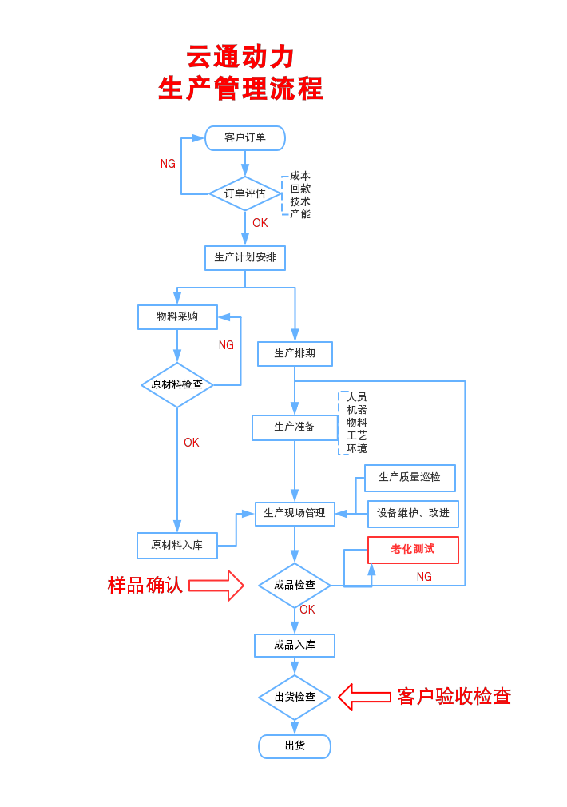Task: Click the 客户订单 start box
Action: point(245,138)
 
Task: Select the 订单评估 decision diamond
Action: point(245,193)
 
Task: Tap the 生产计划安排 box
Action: point(245,257)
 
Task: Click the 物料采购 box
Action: point(177,316)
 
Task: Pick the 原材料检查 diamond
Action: point(177,384)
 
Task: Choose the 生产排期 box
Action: point(295,353)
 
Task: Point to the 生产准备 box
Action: point(295,427)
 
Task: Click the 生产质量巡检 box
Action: point(410,478)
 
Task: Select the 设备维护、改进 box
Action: point(413,513)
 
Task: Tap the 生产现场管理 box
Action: point(295,513)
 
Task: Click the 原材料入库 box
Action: point(177,545)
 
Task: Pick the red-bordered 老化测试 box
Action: point(413,550)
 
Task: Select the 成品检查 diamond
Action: point(295,585)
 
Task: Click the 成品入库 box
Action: point(295,645)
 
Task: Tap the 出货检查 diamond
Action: point(295,697)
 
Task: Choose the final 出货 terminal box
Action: point(295,746)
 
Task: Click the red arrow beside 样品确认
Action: point(216,586)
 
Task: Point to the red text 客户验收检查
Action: point(454,696)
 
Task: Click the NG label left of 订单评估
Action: point(168,164)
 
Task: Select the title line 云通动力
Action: point(241,57)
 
